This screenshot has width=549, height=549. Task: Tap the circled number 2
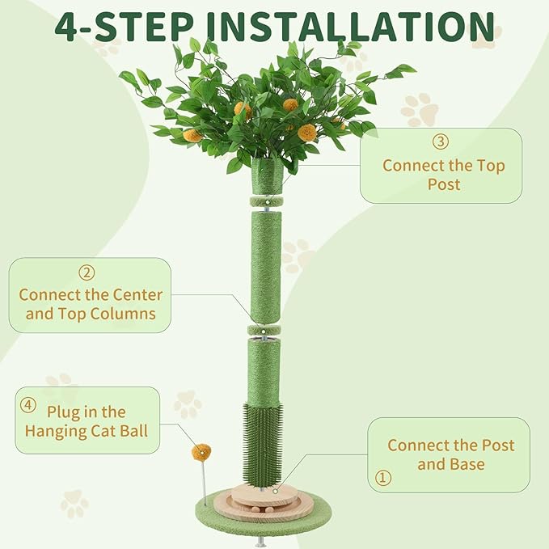[87, 273]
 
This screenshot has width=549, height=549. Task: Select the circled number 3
[441, 141]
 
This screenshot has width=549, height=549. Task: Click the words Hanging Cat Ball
[87, 430]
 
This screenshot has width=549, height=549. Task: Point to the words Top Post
[443, 175]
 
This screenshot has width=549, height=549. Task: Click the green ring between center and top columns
[264, 330]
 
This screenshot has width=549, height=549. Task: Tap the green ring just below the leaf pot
[264, 200]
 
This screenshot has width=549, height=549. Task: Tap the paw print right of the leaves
[419, 108]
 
